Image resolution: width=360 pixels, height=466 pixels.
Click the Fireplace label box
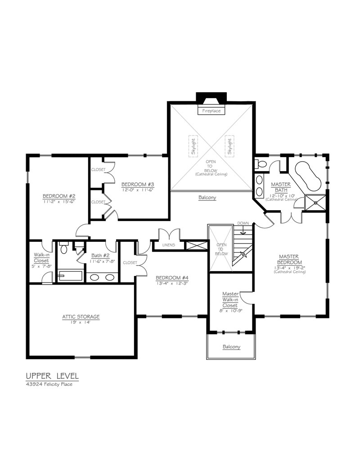211,110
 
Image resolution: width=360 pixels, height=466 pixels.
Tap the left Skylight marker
193,146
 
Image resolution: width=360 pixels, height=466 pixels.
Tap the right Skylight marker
229,146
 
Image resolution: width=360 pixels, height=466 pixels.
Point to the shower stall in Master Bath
315,203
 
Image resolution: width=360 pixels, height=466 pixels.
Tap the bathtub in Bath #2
70,276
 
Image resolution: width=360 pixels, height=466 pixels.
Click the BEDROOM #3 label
138,184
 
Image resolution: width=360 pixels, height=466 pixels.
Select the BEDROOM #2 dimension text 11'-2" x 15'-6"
59,202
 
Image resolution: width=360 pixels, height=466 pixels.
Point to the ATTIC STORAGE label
81,317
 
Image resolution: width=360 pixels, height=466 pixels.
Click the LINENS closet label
169,245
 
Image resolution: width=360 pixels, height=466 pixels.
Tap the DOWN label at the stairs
243,223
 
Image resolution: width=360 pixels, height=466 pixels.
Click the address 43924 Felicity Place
49,384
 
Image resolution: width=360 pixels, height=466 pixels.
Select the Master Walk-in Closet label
230,299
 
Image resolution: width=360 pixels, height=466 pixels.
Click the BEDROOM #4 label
172,278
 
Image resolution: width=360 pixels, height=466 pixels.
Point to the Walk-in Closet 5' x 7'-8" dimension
41,266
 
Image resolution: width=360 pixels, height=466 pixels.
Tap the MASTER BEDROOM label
289,259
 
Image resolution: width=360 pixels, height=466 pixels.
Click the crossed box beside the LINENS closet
196,245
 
